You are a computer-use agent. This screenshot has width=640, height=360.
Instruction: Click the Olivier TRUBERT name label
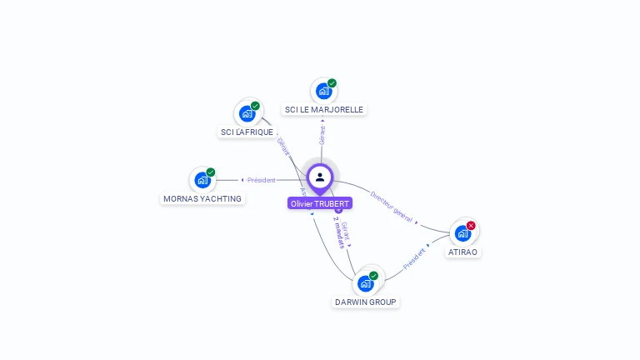(x=320, y=203)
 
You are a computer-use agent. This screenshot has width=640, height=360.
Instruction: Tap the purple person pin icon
(x=320, y=177)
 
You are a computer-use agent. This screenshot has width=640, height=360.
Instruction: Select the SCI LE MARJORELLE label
(x=324, y=109)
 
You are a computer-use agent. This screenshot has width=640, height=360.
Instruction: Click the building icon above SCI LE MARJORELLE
(x=324, y=91)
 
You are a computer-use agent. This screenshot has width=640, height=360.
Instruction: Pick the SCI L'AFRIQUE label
(x=247, y=132)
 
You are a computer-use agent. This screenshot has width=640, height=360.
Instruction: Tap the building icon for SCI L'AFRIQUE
(x=247, y=113)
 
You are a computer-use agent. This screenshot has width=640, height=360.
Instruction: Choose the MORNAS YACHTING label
(x=202, y=198)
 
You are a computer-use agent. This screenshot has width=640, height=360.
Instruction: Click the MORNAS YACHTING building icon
(x=202, y=180)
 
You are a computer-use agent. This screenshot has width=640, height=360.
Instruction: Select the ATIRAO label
(x=463, y=252)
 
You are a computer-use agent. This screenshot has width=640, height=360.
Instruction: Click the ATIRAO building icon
(x=462, y=233)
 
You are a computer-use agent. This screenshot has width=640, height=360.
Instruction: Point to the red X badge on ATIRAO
(x=471, y=226)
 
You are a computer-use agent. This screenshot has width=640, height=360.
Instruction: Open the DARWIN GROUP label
(x=366, y=302)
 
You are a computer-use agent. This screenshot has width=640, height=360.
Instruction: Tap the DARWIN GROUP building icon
(x=366, y=283)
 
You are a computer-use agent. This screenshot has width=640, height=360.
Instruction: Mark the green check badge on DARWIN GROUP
(x=373, y=276)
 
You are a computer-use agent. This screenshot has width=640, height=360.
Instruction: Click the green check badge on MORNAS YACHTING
(x=211, y=172)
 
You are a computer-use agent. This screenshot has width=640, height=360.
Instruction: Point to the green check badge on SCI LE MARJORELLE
(x=332, y=83)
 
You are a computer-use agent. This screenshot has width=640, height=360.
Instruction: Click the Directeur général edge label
(x=392, y=206)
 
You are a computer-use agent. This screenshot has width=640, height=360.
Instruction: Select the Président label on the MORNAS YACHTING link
(x=261, y=180)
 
